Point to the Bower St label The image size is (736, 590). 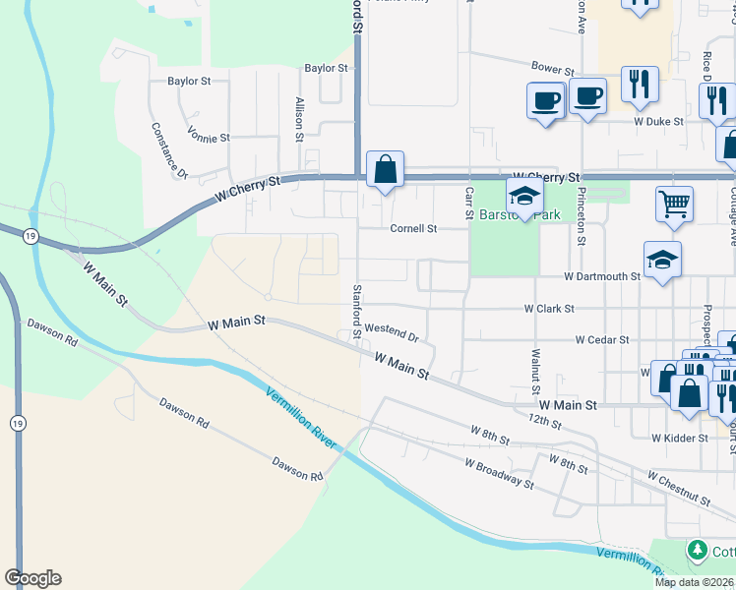pos(552,71)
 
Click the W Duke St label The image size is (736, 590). pos(658,123)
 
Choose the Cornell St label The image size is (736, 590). pos(413,229)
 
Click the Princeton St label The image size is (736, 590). pos(583,215)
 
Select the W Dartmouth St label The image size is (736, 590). pos(602,277)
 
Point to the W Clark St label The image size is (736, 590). pos(549,309)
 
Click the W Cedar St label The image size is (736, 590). pos(602,340)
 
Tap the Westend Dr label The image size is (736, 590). pos(392,332)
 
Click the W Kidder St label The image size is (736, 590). pos(679,438)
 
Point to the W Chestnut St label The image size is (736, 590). pos(678,488)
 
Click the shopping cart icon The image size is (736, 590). pos(674,205)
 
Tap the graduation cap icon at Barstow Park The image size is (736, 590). pos(524,195)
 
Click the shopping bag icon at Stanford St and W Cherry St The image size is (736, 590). pos(385,168)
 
